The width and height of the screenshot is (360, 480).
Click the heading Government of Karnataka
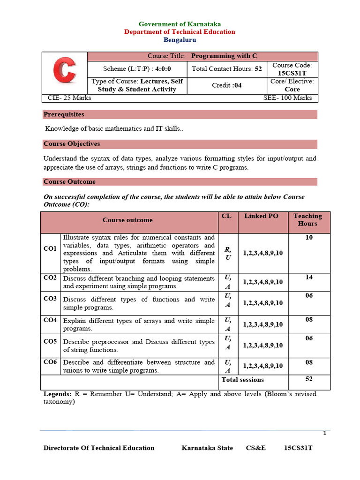click(180, 24)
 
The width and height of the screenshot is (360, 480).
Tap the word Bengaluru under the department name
click(180, 40)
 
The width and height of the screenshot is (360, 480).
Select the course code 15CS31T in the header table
click(292, 74)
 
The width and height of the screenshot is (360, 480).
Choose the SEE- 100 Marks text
click(288, 98)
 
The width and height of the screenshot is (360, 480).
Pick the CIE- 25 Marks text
click(70, 98)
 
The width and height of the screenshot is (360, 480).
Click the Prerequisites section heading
click(64, 114)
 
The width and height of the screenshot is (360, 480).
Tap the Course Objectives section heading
click(72, 144)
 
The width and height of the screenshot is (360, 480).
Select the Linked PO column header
click(261, 216)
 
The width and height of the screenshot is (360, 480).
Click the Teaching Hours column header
click(307, 220)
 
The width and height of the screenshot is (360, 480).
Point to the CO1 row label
click(50, 248)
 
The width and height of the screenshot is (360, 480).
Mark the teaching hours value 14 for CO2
click(309, 277)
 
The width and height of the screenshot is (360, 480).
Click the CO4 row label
click(50, 320)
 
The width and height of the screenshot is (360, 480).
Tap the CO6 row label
click(50, 362)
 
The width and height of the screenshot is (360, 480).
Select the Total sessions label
click(242, 380)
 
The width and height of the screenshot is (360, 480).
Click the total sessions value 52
click(309, 379)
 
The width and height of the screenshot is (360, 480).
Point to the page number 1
click(324, 433)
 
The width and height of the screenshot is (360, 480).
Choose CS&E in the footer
click(256, 448)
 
